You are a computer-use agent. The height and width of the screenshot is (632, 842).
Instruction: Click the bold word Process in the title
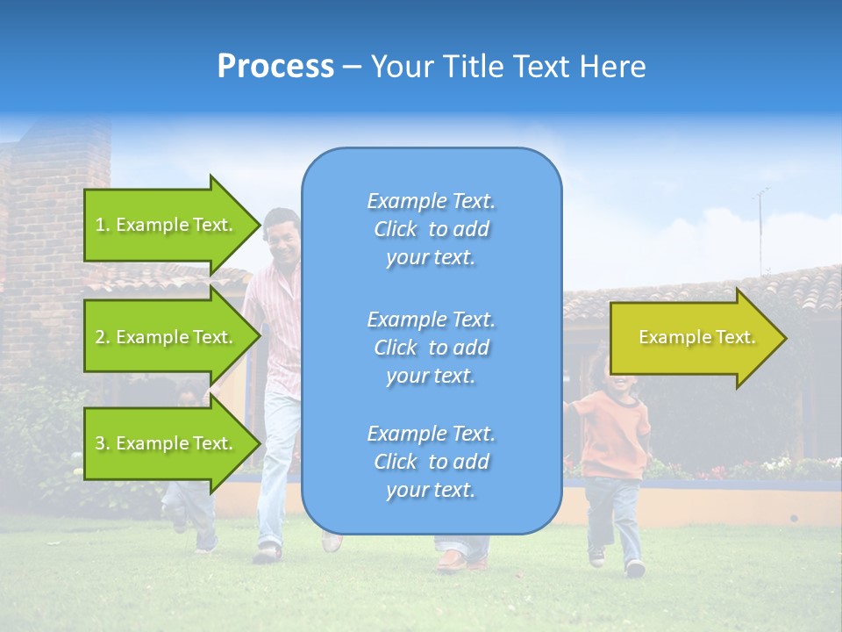point(275,66)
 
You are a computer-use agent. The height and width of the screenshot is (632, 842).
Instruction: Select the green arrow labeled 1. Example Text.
point(167,225)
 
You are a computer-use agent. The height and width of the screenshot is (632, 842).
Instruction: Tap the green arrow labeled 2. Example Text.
point(167,337)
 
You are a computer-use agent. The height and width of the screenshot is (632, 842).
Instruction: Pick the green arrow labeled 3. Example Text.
point(167,443)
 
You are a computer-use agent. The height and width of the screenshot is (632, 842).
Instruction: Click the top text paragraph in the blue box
point(431,229)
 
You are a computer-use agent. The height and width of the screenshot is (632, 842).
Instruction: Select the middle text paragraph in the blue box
point(431,348)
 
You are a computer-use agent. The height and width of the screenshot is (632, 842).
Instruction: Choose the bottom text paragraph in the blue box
point(431,462)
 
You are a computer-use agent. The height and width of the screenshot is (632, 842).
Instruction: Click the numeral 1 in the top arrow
point(99,225)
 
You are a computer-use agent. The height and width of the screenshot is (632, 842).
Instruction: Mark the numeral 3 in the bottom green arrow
point(100,443)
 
